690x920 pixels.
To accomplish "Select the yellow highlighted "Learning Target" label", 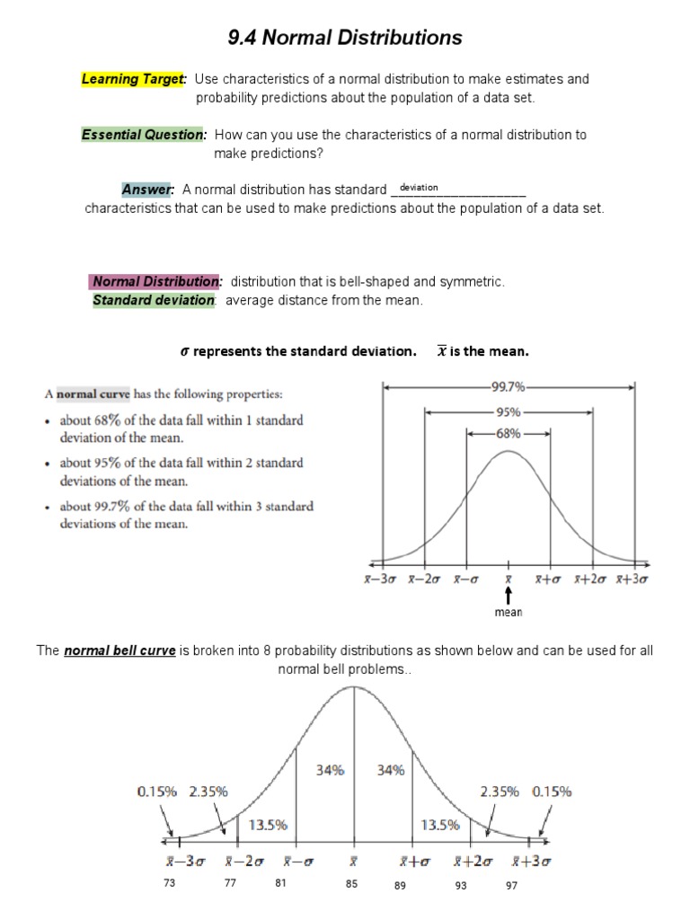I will pos(134,79).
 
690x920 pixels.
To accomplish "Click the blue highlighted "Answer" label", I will pos(147,190).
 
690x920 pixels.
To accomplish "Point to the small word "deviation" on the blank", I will pos(419,187).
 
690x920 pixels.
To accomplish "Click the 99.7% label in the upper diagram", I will pos(509,387).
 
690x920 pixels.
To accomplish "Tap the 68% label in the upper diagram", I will pos(509,432).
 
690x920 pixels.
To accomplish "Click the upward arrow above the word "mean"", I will pos(509,596).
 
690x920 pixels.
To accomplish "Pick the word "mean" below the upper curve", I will pos(509,613).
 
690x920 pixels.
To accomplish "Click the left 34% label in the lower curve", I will pos(331,770).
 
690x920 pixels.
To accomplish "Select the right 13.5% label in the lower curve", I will pos(440,824).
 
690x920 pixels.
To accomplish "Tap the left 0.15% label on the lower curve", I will pos(158,792).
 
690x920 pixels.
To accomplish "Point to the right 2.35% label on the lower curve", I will pos(500,792).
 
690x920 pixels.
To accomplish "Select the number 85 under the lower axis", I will pos(351,885).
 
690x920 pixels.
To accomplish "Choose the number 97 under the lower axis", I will pos(511,885).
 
